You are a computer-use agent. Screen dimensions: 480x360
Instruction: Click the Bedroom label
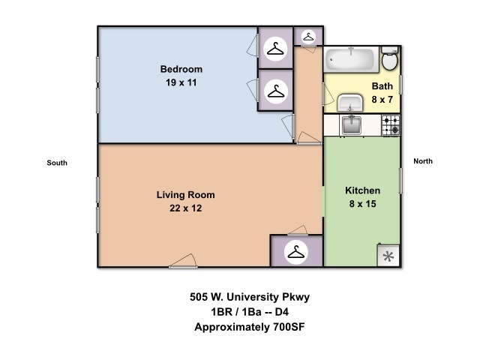coord(181,69)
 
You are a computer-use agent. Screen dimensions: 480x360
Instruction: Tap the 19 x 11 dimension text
coord(181,82)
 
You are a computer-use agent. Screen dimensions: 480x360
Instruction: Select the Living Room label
coord(185,195)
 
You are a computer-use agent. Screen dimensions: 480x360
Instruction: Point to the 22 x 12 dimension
coord(185,208)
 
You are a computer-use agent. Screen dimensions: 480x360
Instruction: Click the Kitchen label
coord(362,190)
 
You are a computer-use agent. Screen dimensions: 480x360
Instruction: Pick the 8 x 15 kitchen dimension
coord(362,204)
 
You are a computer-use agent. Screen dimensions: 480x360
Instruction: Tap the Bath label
coord(382,86)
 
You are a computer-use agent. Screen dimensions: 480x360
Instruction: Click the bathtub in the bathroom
coord(352,59)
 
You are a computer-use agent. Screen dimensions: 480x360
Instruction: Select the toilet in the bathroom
coord(390,58)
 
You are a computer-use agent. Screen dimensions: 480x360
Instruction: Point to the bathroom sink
coord(350,103)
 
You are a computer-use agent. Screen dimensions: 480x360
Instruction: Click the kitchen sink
coord(351,125)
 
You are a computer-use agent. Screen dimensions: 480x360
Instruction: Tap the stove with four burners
coord(391,125)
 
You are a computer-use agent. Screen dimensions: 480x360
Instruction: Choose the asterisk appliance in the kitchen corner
coord(388,256)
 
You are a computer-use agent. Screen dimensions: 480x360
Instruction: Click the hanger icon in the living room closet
coord(296,253)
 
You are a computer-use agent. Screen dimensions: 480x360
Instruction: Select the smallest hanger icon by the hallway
coord(308,37)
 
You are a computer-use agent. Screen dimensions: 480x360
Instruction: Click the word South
coord(57,163)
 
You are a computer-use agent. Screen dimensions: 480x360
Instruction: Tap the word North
coord(423,161)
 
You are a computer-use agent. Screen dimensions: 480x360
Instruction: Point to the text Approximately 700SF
coord(250,327)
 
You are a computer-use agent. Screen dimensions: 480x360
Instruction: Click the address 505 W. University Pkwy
coord(250,297)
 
